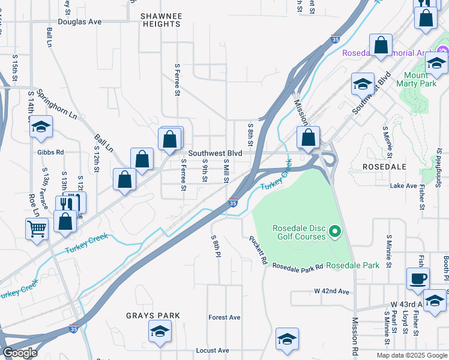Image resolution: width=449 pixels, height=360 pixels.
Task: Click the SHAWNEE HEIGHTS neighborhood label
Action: tap(160, 20)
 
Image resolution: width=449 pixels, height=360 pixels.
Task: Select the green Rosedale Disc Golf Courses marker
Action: tap(336, 231)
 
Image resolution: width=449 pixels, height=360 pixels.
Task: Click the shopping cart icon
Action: tap(37, 228)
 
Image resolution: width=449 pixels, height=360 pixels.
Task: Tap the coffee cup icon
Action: tap(418, 278)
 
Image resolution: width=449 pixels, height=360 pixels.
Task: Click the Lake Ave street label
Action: tap(403, 186)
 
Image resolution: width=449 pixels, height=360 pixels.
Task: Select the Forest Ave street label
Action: tap(224, 317)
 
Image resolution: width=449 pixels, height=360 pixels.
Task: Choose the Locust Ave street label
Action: tap(212, 350)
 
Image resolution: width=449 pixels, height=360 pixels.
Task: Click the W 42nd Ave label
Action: tap(331, 292)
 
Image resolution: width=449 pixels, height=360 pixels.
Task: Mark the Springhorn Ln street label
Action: tap(57, 103)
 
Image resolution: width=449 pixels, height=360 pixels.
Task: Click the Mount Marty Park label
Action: tap(417, 79)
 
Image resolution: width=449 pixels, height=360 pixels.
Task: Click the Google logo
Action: tap(20, 353)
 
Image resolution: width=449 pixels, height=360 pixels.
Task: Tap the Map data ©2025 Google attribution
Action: tap(412, 355)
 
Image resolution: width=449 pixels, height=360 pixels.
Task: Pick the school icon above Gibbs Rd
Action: tap(41, 127)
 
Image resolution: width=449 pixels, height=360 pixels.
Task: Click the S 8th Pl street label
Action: tap(214, 246)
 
